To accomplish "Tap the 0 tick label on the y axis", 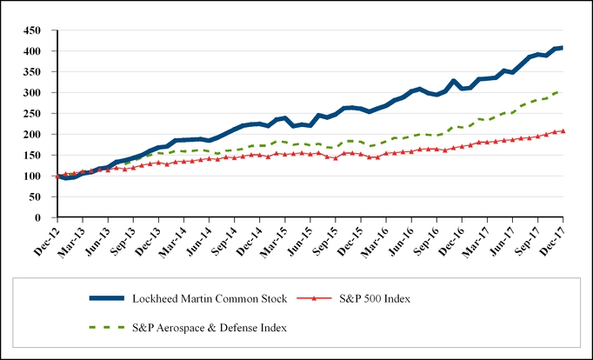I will coord(43,218).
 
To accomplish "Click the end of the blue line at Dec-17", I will coord(563,47).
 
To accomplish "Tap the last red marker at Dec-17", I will coord(563,131).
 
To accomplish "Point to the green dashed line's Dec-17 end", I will coord(561,90).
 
